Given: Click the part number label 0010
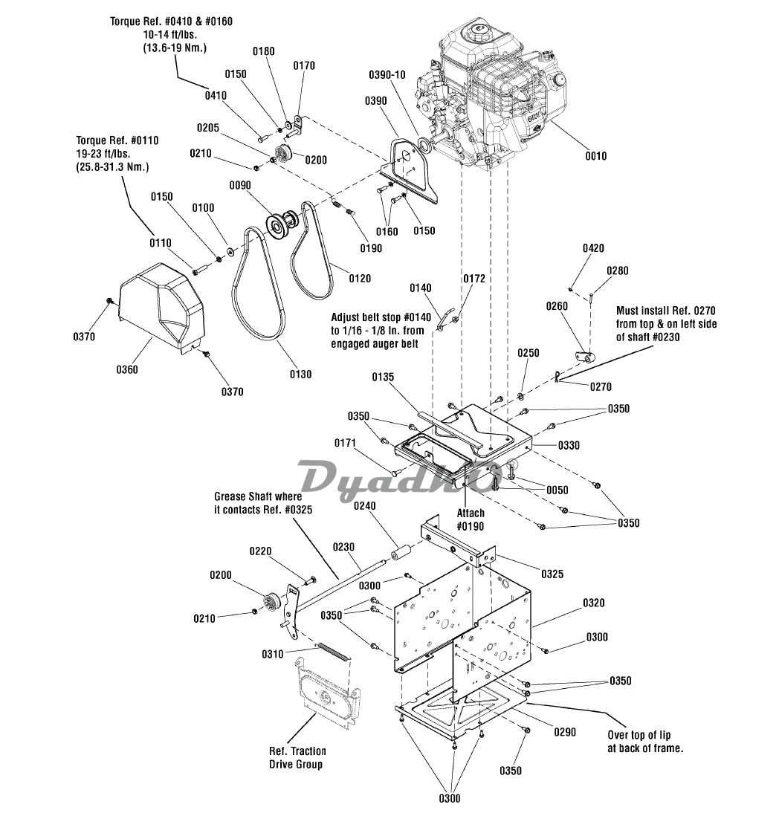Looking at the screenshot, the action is tap(595, 156).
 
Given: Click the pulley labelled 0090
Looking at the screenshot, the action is tap(282, 224).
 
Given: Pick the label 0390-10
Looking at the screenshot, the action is tap(387, 74).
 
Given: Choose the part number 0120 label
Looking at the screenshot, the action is tap(360, 279).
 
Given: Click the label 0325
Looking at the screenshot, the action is tap(552, 574).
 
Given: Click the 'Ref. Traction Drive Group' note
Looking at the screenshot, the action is tap(297, 758).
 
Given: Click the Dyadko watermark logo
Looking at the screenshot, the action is tap(400, 480).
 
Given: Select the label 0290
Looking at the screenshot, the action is tap(565, 732).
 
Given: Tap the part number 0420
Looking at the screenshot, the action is tap(593, 248).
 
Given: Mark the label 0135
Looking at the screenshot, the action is tap(383, 377).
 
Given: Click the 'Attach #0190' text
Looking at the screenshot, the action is tap(471, 520).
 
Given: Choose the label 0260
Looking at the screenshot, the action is tap(557, 306).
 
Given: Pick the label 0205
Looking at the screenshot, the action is tap(208, 128).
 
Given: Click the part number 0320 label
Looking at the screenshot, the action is tap(593, 603).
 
